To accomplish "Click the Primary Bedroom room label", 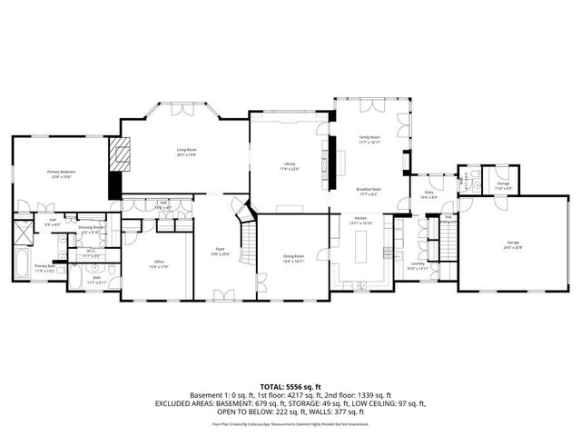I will pos(60,173).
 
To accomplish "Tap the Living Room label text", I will pos(186,152).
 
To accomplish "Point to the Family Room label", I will pos(369,139).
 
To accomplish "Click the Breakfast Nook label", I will pos(369,192).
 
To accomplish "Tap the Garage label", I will pos(514,244).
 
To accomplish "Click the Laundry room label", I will pos(416,266).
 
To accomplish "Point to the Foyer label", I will pos(220,251).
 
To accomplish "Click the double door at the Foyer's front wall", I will pos(222,295).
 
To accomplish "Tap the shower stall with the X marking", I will pos(23,229).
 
